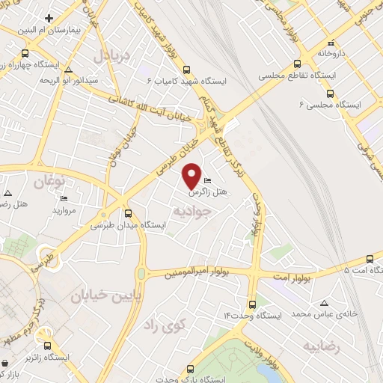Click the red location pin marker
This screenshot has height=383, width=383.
(193, 174)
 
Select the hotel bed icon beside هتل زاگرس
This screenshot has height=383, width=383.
(207, 180)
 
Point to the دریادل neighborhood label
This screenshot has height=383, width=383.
(111, 56)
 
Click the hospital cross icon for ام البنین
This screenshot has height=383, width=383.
(49, 17)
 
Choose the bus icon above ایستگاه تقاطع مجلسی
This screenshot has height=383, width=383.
(298, 64)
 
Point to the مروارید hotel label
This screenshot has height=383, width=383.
(65, 212)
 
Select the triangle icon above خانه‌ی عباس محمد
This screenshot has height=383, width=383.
(324, 303)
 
